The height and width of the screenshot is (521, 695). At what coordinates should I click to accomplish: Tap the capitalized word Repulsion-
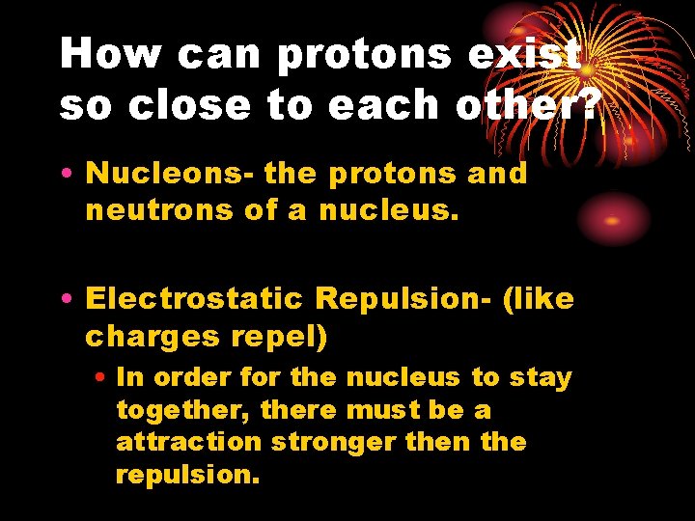(397, 299)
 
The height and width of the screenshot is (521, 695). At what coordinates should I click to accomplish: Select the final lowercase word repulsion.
(187, 474)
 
